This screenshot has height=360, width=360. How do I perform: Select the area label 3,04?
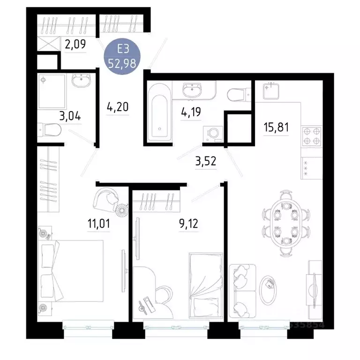[x=71, y=115]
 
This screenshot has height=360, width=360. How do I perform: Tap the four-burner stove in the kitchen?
[x=311, y=136]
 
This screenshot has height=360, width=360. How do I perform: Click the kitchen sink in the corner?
[x=271, y=90]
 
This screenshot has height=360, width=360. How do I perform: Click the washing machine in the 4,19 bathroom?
[x=213, y=133]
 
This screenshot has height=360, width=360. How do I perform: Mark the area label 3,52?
[x=205, y=162]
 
